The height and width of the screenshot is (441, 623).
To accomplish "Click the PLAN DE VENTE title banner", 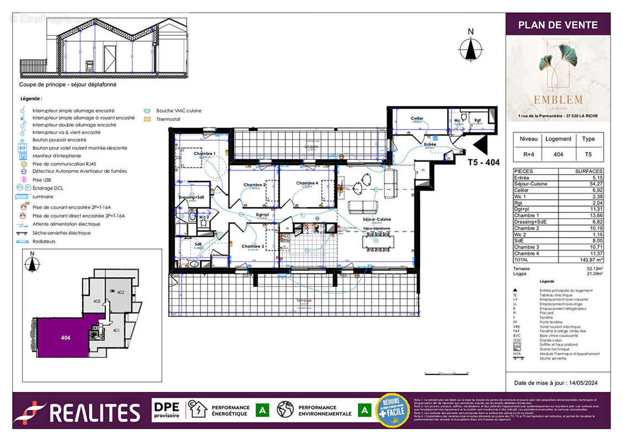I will point(558,25).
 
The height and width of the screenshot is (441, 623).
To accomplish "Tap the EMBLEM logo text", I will point(558,100).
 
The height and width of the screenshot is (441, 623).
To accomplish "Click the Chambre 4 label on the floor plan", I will point(307,183).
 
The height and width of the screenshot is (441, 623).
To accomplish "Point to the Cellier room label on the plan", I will point(417,119).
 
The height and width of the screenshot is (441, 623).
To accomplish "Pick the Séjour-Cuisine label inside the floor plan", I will point(377,219).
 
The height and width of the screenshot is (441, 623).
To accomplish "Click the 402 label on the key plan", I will point(121,292).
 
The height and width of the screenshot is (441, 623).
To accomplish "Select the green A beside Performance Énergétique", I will point(264,410).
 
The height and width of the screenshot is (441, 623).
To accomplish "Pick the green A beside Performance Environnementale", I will point(364,410).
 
